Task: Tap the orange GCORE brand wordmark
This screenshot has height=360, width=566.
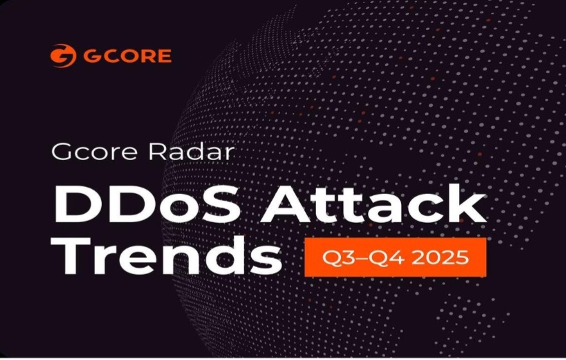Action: click(x=127, y=56)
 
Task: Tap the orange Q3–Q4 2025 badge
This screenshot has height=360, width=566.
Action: click(x=395, y=258)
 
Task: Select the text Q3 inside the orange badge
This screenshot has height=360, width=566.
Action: click(x=335, y=258)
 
